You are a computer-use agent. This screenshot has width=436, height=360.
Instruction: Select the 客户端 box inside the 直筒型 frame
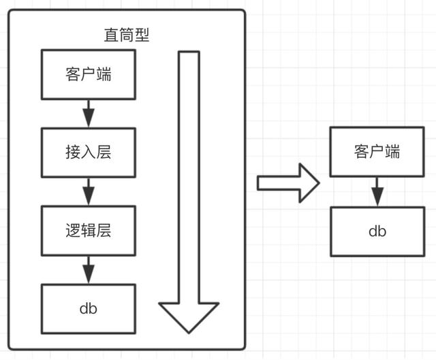tap(89, 75)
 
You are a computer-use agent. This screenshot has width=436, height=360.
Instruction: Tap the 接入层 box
tap(89, 152)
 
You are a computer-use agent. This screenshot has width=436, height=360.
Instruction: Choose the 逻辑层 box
tap(89, 230)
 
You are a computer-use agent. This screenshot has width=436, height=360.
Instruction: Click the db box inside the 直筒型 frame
tap(89, 308)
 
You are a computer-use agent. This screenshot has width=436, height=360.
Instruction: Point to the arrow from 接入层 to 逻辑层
tap(88, 191)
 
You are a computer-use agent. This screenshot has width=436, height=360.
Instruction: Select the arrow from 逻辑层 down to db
tap(88, 269)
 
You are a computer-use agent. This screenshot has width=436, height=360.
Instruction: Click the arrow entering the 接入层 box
tap(88, 113)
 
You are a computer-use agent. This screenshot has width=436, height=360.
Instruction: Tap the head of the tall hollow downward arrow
tap(189, 317)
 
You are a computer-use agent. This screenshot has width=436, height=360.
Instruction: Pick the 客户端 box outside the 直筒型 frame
tap(377, 151)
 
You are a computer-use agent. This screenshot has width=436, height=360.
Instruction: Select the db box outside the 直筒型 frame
tap(377, 231)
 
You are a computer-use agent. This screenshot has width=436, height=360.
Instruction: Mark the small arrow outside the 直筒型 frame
tap(377, 191)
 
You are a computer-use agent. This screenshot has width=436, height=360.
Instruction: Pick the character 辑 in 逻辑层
tap(89, 230)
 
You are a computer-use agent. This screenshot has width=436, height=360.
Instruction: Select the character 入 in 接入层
tap(89, 152)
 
